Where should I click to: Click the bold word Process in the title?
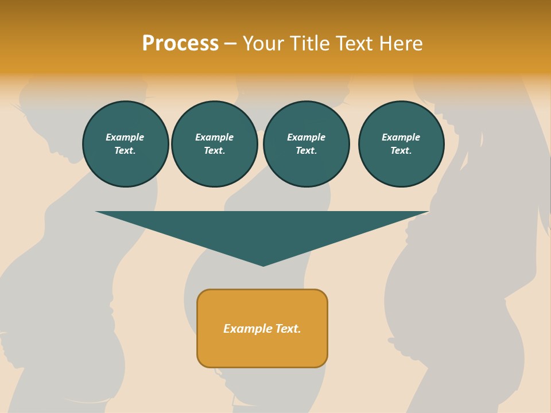(x=180, y=44)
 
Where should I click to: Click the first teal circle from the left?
(x=126, y=144)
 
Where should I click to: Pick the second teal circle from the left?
(x=215, y=144)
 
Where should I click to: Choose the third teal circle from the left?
(x=306, y=144)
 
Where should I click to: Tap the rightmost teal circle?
(x=401, y=144)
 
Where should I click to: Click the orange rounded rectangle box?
(x=262, y=328)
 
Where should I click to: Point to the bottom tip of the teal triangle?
(x=263, y=265)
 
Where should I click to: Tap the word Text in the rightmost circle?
(x=401, y=151)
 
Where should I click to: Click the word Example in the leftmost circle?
(x=125, y=137)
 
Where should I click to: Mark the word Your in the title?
(x=263, y=44)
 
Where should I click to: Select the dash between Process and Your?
(x=230, y=44)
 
